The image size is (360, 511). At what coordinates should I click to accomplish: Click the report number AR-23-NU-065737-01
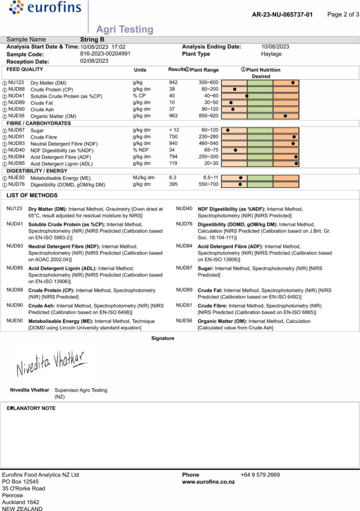(x=282, y=14)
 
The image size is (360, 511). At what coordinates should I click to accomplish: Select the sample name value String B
(x=92, y=39)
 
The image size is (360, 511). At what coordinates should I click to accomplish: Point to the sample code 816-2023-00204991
(x=105, y=54)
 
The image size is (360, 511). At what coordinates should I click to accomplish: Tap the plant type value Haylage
(x=271, y=54)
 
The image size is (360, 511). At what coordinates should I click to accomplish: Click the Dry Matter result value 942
(x=173, y=82)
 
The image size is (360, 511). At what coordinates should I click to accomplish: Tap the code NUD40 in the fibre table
(x=16, y=150)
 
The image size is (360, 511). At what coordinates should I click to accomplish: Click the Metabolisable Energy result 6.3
(x=173, y=178)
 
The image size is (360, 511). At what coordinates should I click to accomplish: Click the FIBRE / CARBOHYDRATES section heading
(x=38, y=123)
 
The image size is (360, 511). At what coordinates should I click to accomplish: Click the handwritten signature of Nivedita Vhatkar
(x=52, y=363)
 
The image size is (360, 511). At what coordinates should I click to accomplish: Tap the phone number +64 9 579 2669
(x=260, y=475)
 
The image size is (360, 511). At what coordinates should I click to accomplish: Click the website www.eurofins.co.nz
(x=208, y=482)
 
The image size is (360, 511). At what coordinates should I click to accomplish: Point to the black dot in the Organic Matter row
(x=285, y=116)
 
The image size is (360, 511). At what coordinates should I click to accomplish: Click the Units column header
(x=140, y=70)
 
